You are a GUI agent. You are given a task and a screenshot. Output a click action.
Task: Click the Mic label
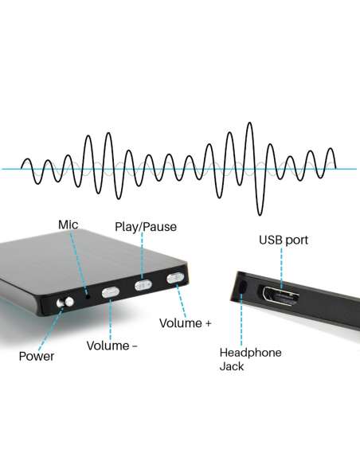pyautogui.click(x=68, y=225)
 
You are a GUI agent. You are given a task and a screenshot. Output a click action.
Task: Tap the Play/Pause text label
pyautogui.click(x=146, y=227)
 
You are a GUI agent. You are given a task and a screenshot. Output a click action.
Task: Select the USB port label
pyautogui.click(x=284, y=240)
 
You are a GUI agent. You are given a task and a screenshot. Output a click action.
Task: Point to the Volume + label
pyautogui.click(x=185, y=323)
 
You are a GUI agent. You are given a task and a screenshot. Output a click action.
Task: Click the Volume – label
pyautogui.click(x=112, y=346)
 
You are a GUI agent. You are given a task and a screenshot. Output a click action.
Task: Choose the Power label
pyautogui.click(x=37, y=357)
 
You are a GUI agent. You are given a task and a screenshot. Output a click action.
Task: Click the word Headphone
pyautogui.click(x=251, y=353)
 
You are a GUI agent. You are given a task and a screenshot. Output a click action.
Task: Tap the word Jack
pyautogui.click(x=232, y=366)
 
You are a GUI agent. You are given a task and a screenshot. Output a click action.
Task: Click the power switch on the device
pyautogui.click(x=65, y=303)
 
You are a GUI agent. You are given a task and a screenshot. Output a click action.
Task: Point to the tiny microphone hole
pyautogui.click(x=88, y=295)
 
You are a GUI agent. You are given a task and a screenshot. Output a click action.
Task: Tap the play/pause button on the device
pyautogui.click(x=143, y=285)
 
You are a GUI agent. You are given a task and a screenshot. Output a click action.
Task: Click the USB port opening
pyautogui.click(x=280, y=295)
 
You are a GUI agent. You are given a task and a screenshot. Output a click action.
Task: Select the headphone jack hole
pyautogui.click(x=243, y=286)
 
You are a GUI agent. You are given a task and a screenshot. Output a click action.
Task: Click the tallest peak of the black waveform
pyautogui.click(x=250, y=123)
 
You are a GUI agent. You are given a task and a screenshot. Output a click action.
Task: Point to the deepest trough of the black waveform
pyautogui.click(x=260, y=215)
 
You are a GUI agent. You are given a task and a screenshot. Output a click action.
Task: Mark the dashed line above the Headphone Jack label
pyautogui.click(x=241, y=318)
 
